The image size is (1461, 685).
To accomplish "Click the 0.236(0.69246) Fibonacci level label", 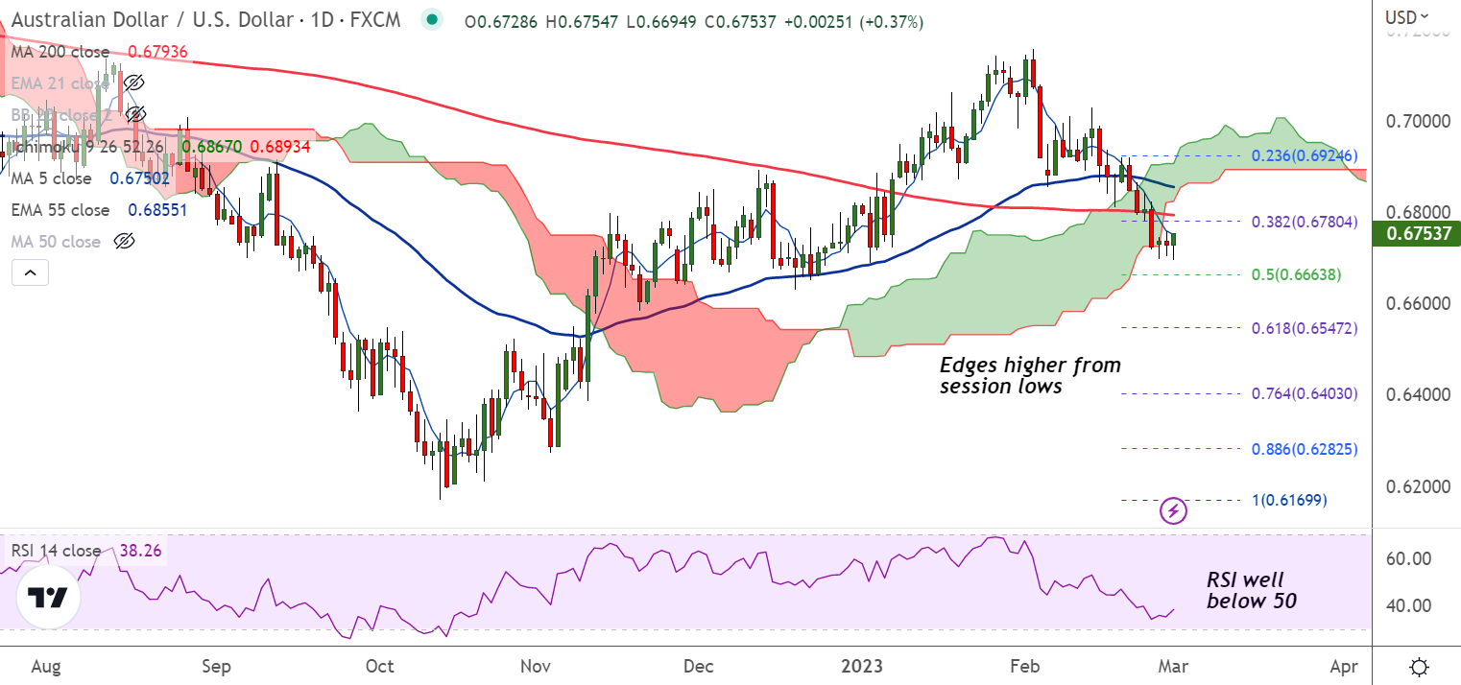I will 1305,155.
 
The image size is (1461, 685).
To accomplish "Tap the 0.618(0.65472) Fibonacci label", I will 1305,328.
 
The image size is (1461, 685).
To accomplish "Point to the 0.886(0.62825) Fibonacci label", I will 1305,449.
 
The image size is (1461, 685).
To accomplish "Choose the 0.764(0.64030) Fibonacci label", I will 1305,394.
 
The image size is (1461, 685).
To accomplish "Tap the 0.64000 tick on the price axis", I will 1415,394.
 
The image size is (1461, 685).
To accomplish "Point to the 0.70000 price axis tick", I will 1415,122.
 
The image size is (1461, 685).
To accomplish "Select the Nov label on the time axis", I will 536,666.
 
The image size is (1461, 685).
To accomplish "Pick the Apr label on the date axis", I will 1344,666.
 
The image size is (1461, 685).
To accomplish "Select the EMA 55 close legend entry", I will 60,210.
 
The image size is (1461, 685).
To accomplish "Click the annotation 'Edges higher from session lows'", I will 1029,376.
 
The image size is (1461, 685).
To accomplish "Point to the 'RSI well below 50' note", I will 1250,590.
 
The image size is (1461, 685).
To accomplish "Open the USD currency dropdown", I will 1406,16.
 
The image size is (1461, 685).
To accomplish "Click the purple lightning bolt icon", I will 1174,510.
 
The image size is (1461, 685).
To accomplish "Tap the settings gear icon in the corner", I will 1419,666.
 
